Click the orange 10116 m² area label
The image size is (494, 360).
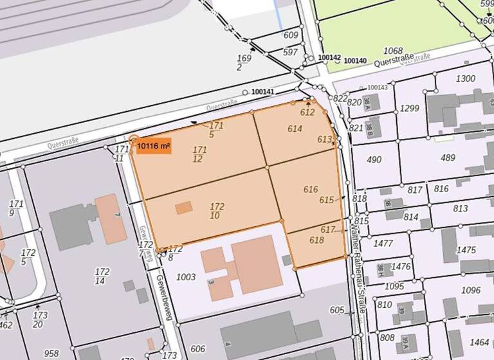click(153, 147)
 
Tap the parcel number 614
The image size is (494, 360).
click(295, 129)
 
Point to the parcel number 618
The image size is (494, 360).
click(316, 240)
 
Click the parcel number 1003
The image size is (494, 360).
click(185, 277)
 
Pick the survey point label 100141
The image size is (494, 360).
click(262, 92)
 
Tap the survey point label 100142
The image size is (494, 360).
click(329, 57)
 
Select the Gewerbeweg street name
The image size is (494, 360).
click(147, 244)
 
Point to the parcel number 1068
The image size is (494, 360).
click(392, 51)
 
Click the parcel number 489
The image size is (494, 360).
click(448, 157)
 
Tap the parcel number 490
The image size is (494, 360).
click(374, 159)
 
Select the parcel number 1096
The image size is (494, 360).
click(470, 290)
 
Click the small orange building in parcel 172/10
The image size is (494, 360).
click(184, 208)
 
